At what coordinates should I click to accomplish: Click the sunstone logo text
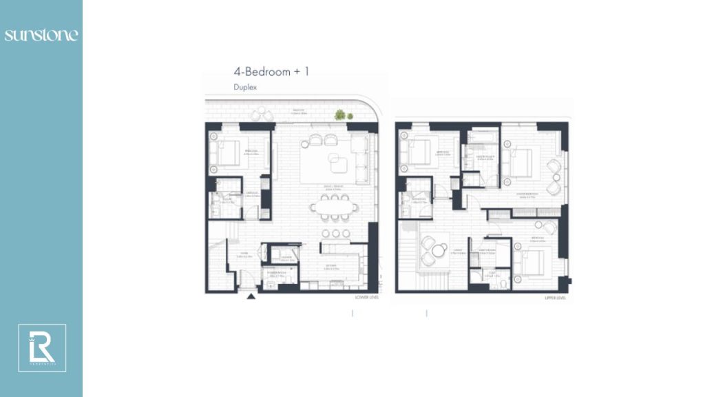click(41, 34)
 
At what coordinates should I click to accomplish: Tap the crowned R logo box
click(42, 348)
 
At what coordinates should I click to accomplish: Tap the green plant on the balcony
click(339, 115)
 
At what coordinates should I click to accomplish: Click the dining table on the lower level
click(330, 206)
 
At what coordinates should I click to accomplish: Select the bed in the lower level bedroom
click(230, 152)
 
